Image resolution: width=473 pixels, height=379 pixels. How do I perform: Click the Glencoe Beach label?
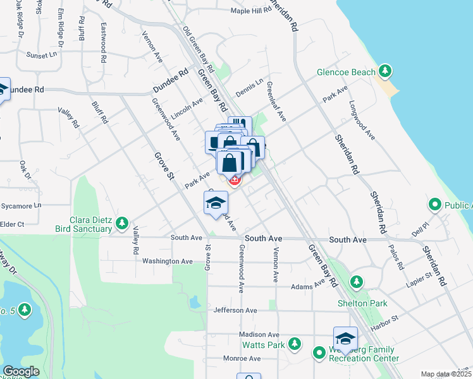pos(346,72)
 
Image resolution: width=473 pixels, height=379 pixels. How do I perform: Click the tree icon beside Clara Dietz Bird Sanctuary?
pos(122,223)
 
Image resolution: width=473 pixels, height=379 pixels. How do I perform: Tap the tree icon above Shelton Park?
pos(357,281)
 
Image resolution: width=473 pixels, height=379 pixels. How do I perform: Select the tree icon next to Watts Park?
pos(294,344)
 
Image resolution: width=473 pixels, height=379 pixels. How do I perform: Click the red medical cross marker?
pos(235,181)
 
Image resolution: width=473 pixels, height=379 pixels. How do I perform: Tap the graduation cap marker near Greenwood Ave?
pos(216,203)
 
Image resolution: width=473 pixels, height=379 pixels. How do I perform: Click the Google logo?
pos(21,371)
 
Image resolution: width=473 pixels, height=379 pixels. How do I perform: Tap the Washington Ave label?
pos(167,261)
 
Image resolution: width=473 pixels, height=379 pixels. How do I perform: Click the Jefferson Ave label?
pos(235,310)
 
